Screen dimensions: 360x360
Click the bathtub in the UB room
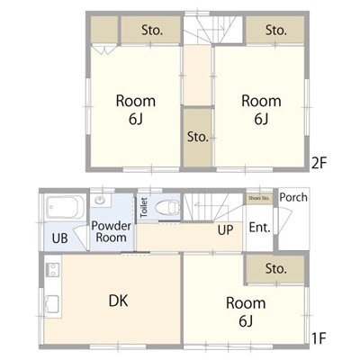tap(64, 207)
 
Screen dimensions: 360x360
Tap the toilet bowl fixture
tap(168, 207)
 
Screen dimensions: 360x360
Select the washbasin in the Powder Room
tap(100, 200)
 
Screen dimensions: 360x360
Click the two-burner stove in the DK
tap(52, 269)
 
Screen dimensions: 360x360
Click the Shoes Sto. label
tap(259, 198)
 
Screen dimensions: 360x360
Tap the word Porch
tap(293, 197)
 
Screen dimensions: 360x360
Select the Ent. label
tap(260, 227)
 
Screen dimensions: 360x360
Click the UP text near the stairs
tap(225, 230)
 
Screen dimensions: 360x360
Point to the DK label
tap(119, 301)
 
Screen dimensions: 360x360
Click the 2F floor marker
tap(319, 164)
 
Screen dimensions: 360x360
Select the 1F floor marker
tap(319, 339)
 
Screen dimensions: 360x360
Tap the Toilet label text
tap(144, 207)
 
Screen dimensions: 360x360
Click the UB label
tap(59, 238)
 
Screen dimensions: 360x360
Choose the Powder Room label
tap(112, 231)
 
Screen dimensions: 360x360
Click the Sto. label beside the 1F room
tap(276, 269)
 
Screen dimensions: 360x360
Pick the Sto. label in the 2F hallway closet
tap(198, 137)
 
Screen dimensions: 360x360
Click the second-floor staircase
tap(213, 30)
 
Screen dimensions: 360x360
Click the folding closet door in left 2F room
tap(103, 49)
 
